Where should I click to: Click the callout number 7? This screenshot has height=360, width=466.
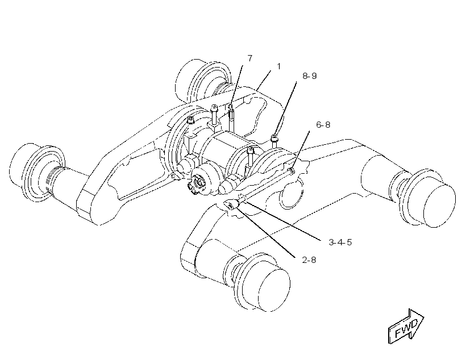(249, 58)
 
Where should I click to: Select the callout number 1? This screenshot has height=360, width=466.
(279, 66)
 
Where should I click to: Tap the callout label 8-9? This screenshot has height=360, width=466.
(310, 76)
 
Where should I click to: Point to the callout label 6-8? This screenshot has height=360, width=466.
(323, 124)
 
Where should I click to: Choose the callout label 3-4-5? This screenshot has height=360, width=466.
(340, 242)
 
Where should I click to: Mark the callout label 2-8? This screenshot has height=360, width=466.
(309, 260)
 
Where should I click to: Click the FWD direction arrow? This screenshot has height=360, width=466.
(406, 326)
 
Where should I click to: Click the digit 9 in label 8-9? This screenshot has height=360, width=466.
(314, 76)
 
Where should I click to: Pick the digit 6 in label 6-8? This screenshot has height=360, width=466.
(319, 124)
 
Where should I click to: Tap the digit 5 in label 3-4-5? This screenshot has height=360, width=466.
(349, 242)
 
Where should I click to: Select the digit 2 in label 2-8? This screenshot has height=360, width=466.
(305, 260)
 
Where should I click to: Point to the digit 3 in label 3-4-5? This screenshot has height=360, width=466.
(332, 242)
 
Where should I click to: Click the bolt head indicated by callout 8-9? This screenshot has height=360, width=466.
(274, 137)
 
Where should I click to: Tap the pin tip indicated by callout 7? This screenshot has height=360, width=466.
(230, 106)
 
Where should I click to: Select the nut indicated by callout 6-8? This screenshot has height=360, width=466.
(292, 171)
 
